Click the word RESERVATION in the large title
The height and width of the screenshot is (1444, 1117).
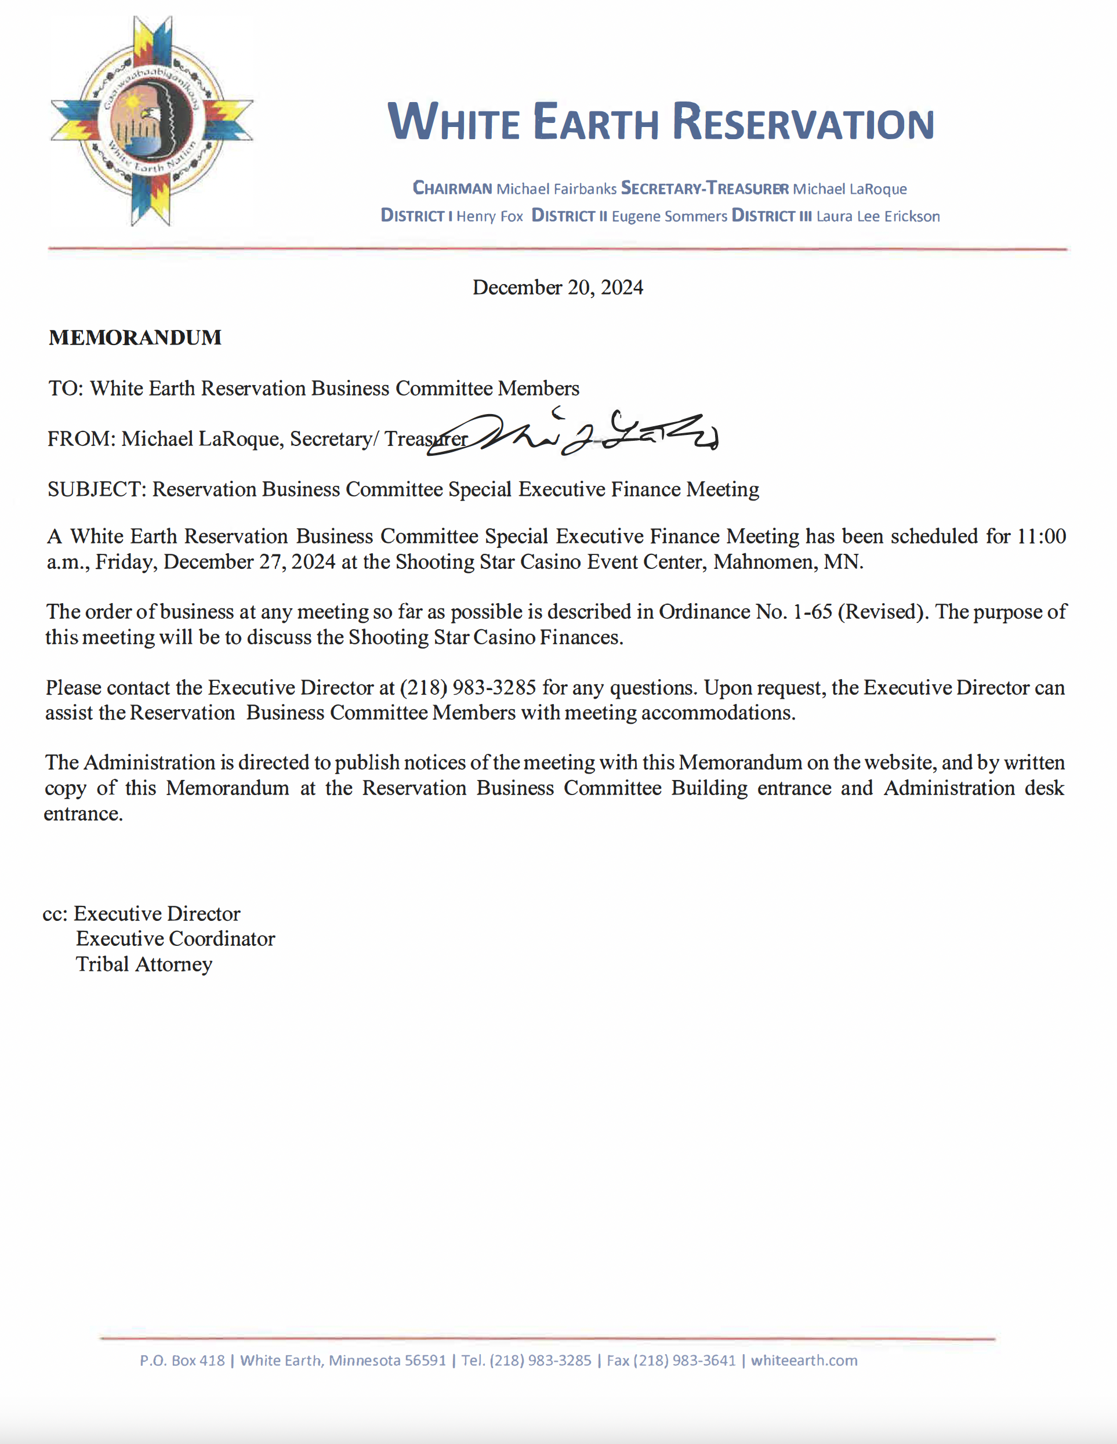(803, 122)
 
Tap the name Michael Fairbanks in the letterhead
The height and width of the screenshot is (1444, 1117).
(556, 189)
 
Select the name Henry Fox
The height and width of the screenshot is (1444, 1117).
(489, 216)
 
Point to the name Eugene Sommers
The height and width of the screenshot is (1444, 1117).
(669, 216)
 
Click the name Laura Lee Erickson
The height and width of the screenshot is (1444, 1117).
(877, 216)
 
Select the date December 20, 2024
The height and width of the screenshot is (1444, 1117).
(557, 288)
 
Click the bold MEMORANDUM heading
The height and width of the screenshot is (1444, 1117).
(135, 338)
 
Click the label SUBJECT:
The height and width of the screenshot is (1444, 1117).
(96, 490)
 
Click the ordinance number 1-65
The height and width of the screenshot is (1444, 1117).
(812, 612)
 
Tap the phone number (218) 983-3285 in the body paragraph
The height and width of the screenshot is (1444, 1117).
(467, 688)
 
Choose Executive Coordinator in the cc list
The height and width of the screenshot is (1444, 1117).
(175, 939)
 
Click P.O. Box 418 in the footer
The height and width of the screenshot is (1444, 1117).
(182, 1360)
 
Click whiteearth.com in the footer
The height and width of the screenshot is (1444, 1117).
(803, 1360)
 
